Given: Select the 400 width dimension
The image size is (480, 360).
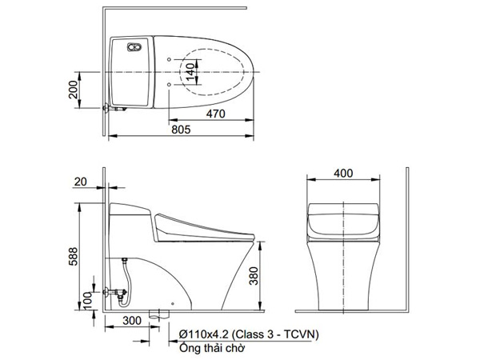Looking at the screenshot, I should (343, 173).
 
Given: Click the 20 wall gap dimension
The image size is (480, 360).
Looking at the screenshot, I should (79, 182).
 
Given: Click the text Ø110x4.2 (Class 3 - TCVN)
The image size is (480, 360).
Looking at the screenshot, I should (240, 334).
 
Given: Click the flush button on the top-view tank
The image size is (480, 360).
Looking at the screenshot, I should (134, 48).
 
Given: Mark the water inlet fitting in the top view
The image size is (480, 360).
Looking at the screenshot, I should (110, 107).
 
